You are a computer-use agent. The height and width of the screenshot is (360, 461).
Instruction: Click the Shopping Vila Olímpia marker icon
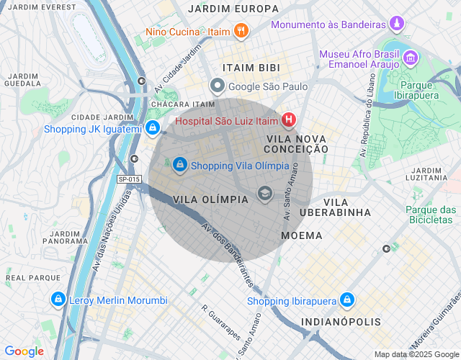tap(179, 166)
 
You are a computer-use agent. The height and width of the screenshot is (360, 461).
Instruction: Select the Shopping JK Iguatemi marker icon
tap(152, 129)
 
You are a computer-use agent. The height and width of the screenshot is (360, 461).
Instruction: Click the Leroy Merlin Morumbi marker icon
tap(57, 300)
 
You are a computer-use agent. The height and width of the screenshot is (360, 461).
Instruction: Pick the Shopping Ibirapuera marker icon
tap(347, 300)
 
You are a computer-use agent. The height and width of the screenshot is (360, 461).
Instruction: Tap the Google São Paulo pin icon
tap(218, 86)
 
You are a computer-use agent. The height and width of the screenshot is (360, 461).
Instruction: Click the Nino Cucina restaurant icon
tap(241, 32)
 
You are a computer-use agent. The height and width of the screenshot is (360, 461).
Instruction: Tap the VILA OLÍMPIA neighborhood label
tap(210, 199)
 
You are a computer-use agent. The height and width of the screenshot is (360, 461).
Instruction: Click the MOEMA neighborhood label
tap(302, 235)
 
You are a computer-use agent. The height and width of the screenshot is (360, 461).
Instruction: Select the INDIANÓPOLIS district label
tap(338, 321)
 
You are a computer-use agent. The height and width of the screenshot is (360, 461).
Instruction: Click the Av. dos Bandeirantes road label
tap(227, 252)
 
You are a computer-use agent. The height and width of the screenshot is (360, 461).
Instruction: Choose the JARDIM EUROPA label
tap(233, 9)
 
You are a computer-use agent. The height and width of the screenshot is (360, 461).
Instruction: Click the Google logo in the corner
tap(24, 351)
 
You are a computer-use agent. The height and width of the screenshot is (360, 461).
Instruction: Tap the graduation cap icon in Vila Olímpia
tap(265, 193)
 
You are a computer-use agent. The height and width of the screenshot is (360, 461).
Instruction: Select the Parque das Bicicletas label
tap(431, 215)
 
